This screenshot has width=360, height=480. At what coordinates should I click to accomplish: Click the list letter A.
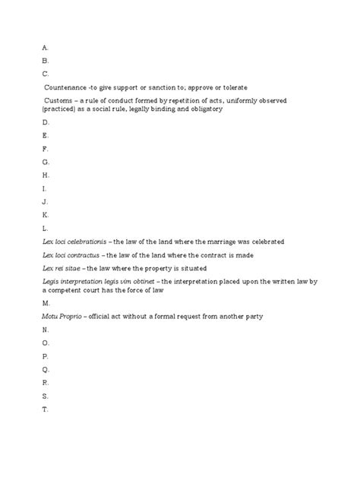pos(45,46)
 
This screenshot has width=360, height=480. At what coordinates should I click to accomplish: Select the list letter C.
pos(45,73)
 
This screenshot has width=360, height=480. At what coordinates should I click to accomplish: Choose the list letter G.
pos(46,162)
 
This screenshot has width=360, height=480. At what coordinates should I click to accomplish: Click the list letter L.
pos(45,228)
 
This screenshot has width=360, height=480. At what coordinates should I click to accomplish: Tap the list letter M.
pos(46,303)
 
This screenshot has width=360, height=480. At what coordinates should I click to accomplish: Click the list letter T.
pos(45,409)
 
